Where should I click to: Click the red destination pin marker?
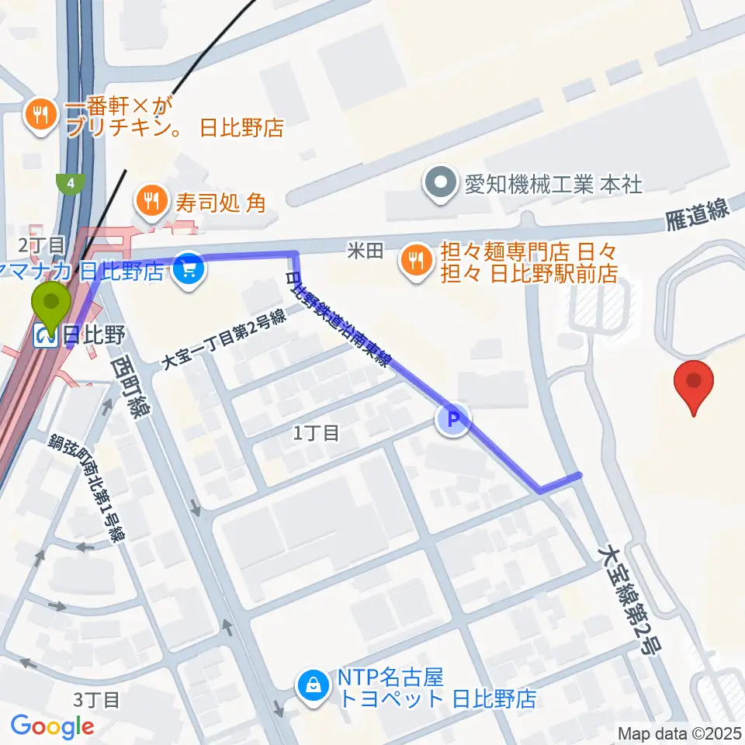[x=695, y=383]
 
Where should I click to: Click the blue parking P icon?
[x=455, y=421]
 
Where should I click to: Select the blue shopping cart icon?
[x=189, y=271]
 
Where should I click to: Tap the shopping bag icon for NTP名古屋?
[x=313, y=686]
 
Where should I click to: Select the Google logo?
[x=52, y=726]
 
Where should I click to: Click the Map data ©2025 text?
[x=679, y=733]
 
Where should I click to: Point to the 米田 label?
[x=366, y=250]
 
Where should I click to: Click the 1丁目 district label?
[x=316, y=433]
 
